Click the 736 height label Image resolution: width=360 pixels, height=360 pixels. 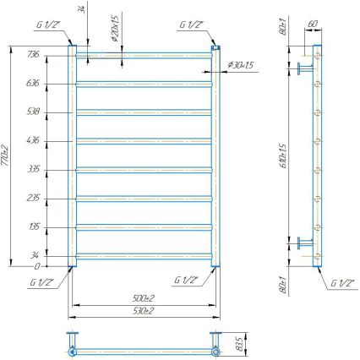coord(34,54)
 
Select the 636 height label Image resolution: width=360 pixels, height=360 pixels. coord(34,83)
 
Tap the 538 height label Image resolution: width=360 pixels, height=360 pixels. coord(34,111)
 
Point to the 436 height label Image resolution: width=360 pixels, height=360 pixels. coord(34,139)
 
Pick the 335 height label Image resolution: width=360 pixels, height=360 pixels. coord(34,168)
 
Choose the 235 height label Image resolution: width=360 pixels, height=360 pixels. coord(34,197)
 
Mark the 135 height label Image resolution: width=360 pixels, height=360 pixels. coord(34,226)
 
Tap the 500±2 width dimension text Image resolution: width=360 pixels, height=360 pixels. coord(143,298)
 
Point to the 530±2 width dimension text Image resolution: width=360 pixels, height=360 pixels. coord(143,311)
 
